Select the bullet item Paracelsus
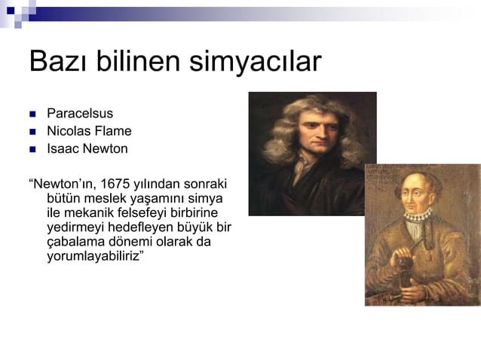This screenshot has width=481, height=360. pyautogui.click(x=80, y=114)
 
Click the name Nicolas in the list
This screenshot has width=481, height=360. pyautogui.click(x=69, y=131)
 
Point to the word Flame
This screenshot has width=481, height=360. pyautogui.click(x=112, y=131)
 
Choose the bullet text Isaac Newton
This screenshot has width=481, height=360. pyautogui.click(x=87, y=148)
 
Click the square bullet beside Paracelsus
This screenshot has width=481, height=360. pyautogui.click(x=32, y=114)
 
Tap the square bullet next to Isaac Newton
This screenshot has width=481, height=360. pyautogui.click(x=32, y=149)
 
